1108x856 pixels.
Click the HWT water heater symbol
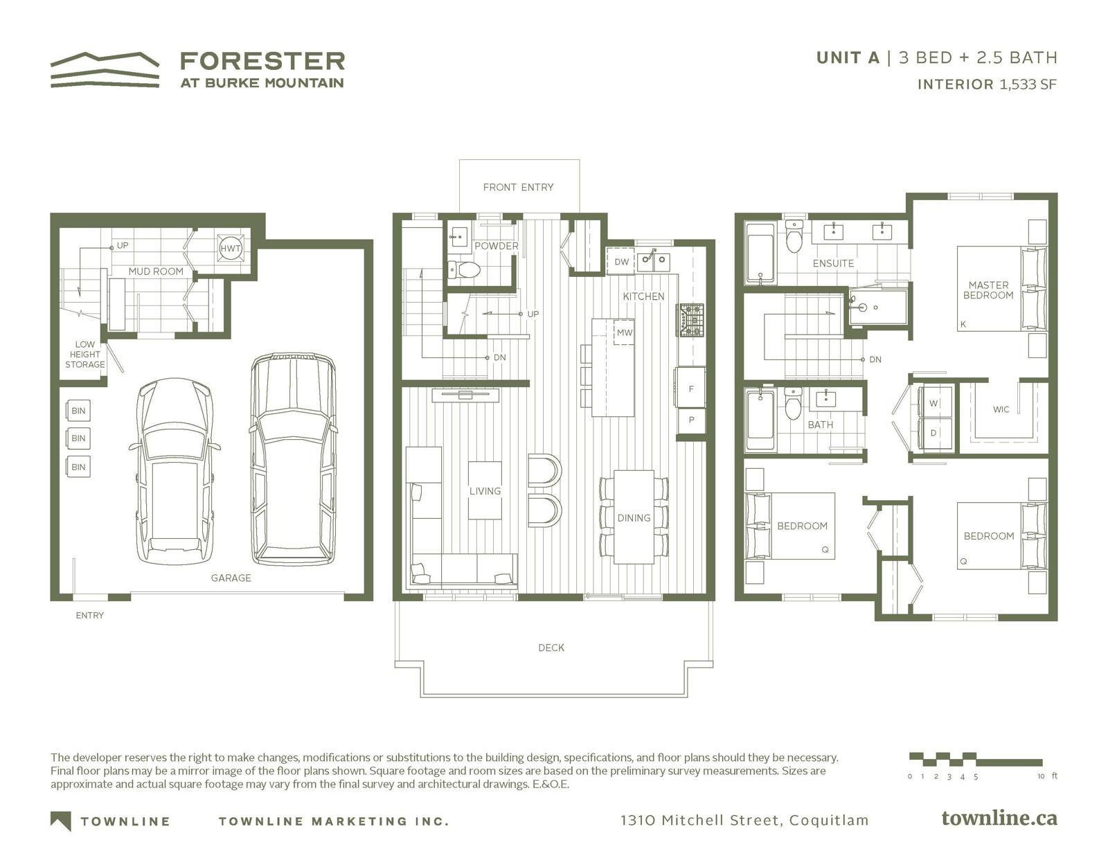(230, 249)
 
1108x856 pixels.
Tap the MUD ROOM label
(156, 271)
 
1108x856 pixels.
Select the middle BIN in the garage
(78, 438)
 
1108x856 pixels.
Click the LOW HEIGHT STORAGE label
(84, 355)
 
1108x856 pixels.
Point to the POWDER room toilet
(464, 269)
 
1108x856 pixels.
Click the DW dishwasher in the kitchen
(621, 262)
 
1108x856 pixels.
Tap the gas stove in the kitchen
(690, 320)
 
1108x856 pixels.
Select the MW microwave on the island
(624, 332)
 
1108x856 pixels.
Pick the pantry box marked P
(691, 420)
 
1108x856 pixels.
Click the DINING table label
(634, 518)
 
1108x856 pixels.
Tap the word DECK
(551, 648)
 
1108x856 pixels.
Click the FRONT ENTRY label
(518, 187)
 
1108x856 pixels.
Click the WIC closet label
(1001, 409)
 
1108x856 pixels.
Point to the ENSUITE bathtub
(760, 252)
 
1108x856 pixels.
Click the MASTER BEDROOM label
(988, 290)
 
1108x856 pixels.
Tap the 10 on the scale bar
(1041, 776)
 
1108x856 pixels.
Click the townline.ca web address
(999, 819)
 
